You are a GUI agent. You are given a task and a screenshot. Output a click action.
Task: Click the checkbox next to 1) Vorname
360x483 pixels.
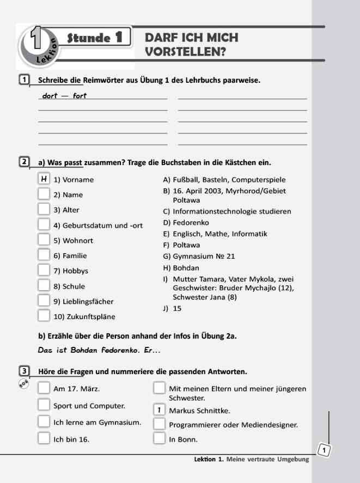point(44,179)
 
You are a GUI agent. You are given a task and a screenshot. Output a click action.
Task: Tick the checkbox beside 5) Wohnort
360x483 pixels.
point(44,240)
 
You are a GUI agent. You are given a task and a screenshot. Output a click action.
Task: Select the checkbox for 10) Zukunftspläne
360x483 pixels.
point(44,315)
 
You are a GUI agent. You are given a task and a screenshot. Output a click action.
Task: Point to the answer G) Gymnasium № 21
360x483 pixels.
point(199,256)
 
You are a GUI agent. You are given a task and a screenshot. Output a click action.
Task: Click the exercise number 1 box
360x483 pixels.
point(24,81)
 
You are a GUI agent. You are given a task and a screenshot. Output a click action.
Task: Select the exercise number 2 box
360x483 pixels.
point(24,162)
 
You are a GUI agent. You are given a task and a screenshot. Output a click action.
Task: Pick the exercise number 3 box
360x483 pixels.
point(24,371)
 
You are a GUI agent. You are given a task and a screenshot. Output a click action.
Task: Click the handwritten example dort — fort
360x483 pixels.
point(64,96)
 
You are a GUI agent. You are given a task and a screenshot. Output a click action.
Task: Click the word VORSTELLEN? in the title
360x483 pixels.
point(185,52)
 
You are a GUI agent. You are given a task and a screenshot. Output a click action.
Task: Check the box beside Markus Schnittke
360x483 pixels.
point(159,409)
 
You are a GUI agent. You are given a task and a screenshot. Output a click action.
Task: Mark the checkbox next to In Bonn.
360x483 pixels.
point(159,438)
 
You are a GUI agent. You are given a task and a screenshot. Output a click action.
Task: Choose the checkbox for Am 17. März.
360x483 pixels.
point(44,388)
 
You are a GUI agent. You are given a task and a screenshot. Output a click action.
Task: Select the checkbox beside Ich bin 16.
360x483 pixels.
point(44,438)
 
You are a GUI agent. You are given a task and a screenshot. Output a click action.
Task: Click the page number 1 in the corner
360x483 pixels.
point(324,450)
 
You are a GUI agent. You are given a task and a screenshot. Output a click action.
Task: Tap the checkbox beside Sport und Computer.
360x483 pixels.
point(44,405)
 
